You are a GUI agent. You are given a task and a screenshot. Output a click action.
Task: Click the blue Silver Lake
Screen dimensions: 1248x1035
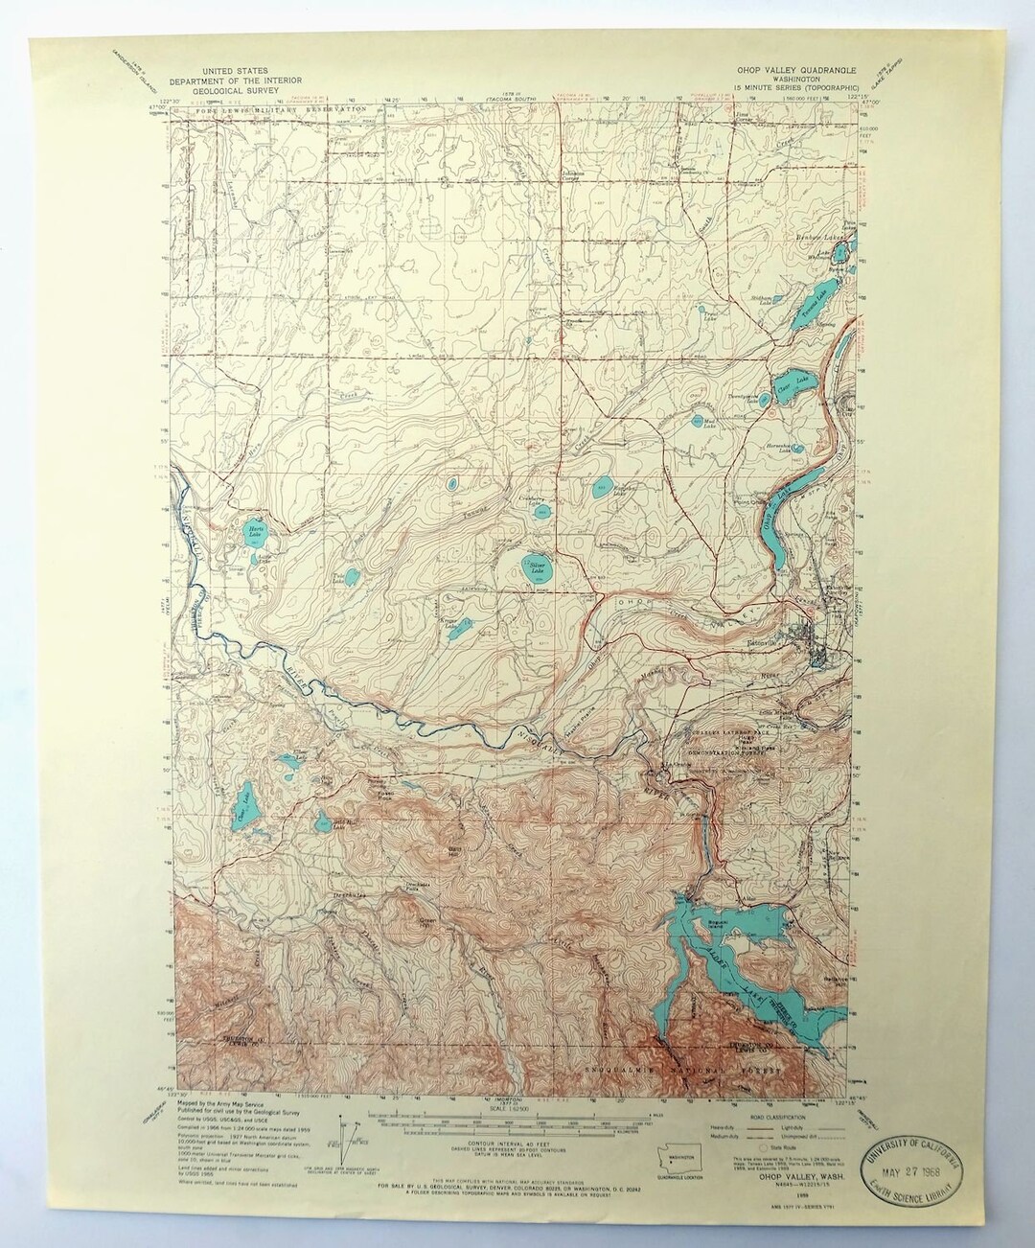pos(532,568)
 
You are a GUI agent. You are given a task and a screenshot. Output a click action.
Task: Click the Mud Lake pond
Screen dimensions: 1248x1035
pos(697,419)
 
